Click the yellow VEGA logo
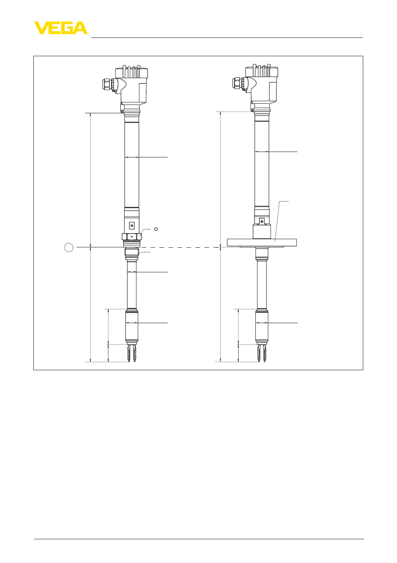pyautogui.click(x=61, y=28)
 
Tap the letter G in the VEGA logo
pyautogui.click(x=66, y=28)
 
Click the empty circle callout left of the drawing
pyautogui.click(x=69, y=247)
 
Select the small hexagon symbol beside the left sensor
pyautogui.click(x=156, y=229)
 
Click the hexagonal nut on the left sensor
pyautogui.click(x=132, y=237)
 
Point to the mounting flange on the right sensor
pyautogui.click(x=262, y=242)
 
